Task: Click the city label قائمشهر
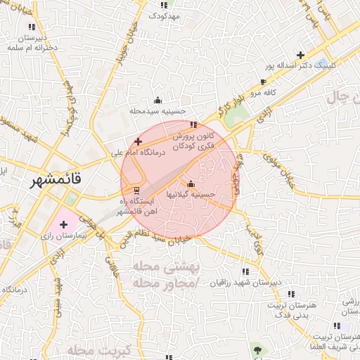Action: (56, 181)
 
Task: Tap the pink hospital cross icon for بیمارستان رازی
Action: (64, 224)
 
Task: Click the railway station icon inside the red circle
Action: (136, 191)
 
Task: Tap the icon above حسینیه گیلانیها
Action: (191, 184)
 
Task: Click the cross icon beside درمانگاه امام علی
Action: (138, 141)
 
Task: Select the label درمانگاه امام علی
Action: (138, 152)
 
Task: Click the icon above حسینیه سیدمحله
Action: (157, 99)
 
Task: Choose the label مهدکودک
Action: (166, 15)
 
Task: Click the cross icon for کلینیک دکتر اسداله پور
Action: (301, 55)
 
